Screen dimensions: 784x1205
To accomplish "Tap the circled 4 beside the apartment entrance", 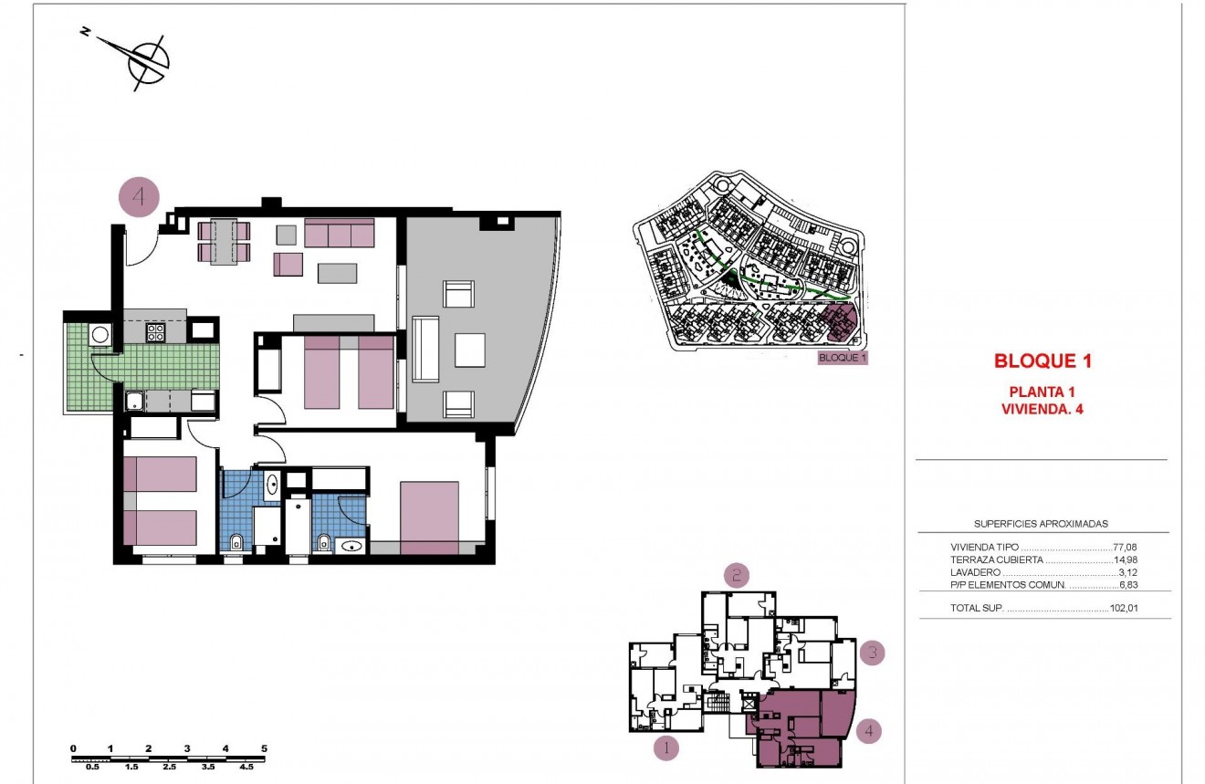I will (140, 197).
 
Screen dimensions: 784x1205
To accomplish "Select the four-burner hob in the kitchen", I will (155, 332).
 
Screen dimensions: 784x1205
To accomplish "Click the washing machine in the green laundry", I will (100, 335).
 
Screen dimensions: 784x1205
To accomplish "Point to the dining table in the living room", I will (225, 241).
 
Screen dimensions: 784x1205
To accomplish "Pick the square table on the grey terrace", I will (470, 349).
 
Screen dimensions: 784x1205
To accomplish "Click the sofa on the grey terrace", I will (425, 349).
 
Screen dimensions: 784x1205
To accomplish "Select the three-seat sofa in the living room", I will (340, 234).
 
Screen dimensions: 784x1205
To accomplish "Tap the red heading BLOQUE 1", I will (1043, 361).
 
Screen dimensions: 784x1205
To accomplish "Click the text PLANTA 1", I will (1043, 392).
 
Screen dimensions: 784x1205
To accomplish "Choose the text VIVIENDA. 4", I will (1043, 409).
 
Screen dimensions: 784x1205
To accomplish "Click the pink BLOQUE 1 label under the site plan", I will (842, 358).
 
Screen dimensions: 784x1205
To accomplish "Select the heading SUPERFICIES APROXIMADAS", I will (1042, 524).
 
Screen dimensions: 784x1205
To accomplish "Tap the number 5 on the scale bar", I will (264, 748).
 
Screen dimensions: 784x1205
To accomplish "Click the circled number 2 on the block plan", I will (737, 575).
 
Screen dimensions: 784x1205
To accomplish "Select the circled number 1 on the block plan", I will (666, 748).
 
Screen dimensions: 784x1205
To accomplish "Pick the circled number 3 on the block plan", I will (873, 653).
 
